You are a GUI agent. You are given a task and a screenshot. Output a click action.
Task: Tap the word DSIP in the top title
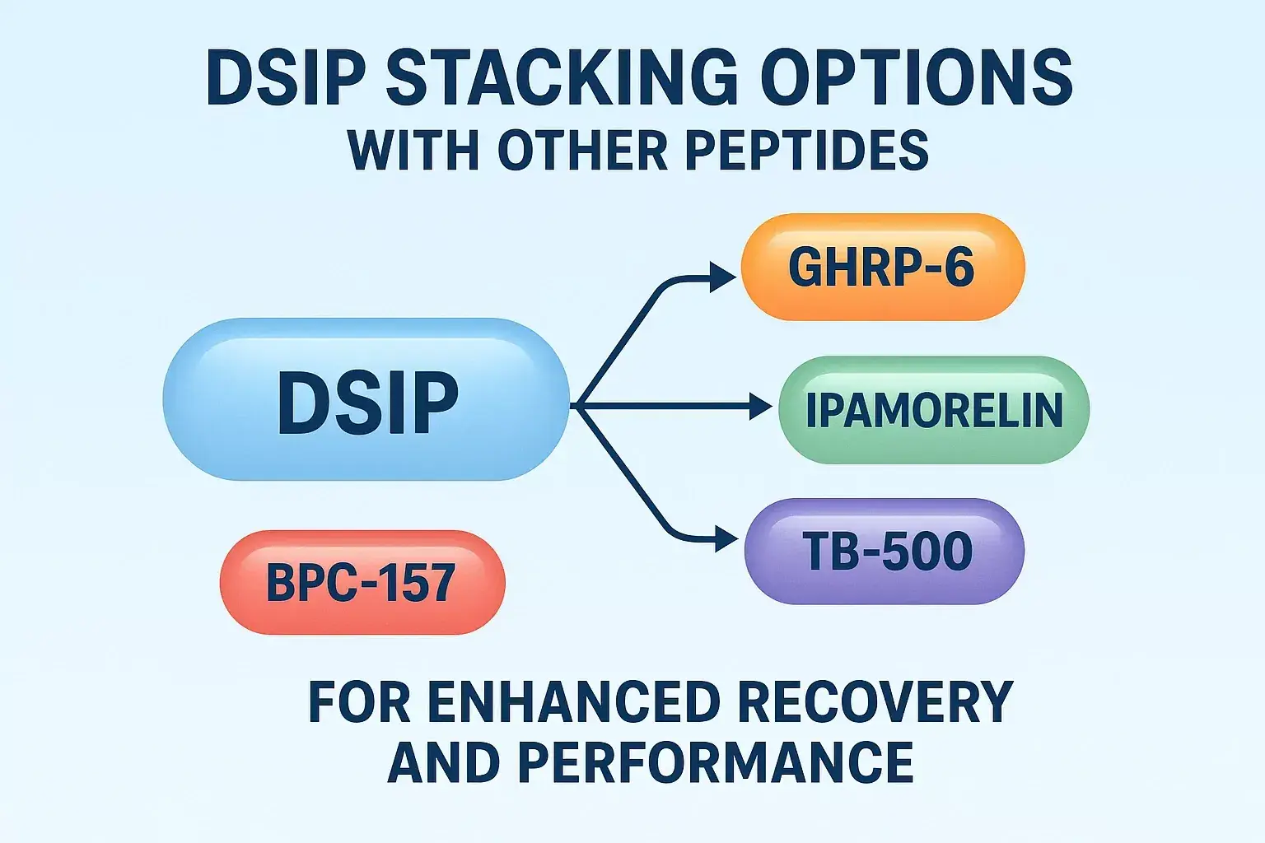[x=285, y=77]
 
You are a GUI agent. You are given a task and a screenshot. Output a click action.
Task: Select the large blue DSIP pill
[x=366, y=400]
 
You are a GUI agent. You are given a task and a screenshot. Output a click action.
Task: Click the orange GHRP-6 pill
[x=882, y=267]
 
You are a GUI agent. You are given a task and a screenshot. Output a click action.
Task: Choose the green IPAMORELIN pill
[x=933, y=410]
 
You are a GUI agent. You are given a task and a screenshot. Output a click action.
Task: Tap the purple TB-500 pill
[x=884, y=551]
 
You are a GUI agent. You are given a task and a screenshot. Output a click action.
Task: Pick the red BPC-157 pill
[x=362, y=582]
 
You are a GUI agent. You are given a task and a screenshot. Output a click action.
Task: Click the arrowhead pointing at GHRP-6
[x=722, y=278]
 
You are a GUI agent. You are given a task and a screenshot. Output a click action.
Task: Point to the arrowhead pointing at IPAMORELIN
[x=760, y=406]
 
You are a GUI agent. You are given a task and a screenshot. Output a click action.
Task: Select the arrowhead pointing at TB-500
[x=726, y=540]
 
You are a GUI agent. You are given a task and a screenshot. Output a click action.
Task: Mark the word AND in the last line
[x=443, y=761]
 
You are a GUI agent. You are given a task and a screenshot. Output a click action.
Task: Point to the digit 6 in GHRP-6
[x=959, y=267]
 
